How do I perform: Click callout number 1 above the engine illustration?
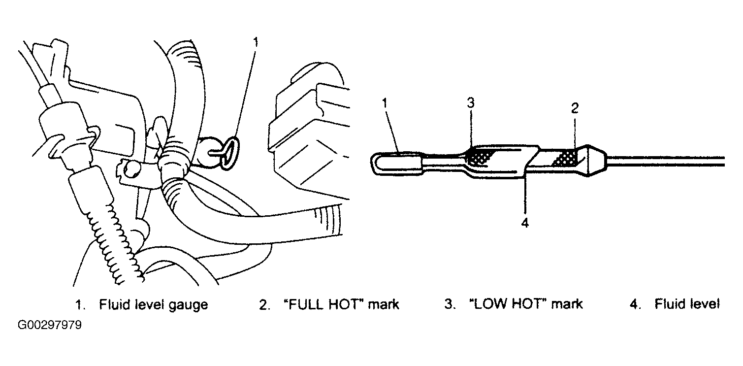tap(256, 42)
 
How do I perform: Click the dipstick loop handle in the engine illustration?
tap(229, 154)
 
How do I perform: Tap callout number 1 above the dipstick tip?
tap(385, 103)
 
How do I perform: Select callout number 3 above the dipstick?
tap(471, 103)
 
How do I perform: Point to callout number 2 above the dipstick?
tap(575, 108)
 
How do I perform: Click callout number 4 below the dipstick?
tap(525, 223)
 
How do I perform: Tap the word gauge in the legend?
tap(188, 305)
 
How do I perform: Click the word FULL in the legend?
tap(306, 304)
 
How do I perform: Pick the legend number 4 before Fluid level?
tap(634, 304)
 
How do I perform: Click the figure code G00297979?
tap(49, 325)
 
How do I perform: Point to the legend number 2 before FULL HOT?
tap(263, 304)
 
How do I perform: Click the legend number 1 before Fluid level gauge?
tap(80, 304)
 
